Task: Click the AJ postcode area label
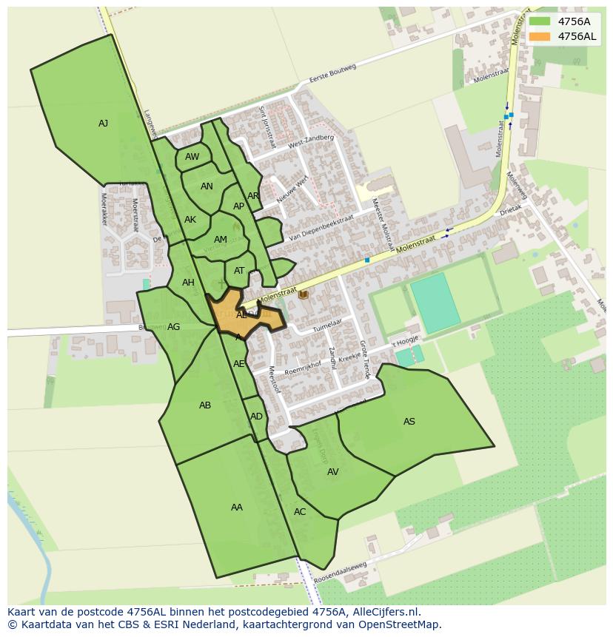click(103, 124)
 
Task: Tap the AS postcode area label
click(409, 422)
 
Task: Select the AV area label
click(332, 472)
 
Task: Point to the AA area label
click(236, 508)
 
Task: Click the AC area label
click(299, 512)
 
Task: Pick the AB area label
click(205, 405)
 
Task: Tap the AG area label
click(173, 327)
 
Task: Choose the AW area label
click(192, 157)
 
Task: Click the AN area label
click(207, 186)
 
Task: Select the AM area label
click(220, 240)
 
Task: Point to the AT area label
click(239, 271)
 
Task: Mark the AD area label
click(256, 417)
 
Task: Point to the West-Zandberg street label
click(310, 141)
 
